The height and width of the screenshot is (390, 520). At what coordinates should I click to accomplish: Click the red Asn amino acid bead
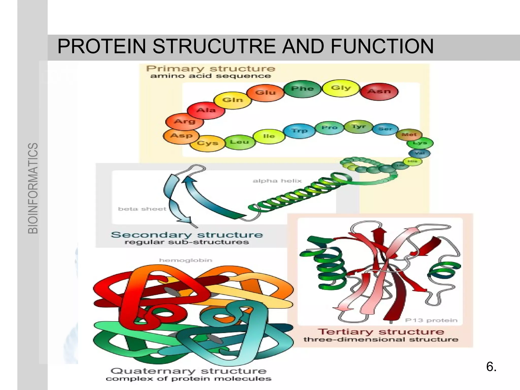pos(379,91)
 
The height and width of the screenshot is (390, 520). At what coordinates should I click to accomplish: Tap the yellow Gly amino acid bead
pos(341,88)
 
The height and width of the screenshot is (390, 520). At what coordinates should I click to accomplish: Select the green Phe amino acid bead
pos(302,89)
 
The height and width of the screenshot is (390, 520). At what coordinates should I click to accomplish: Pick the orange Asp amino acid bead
pos(181,136)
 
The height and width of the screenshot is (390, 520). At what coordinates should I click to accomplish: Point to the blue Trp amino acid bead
pos(299,131)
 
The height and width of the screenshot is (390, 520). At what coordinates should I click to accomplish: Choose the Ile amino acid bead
pos(269,136)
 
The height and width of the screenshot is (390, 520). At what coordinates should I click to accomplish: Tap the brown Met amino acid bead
pos(409,135)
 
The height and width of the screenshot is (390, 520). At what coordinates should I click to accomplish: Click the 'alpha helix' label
pos(277,181)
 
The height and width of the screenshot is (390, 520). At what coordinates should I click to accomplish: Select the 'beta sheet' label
pos(142,209)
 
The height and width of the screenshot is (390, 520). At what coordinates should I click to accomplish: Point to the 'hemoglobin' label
pos(186,260)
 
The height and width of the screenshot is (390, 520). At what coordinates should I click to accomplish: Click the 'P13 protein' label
pos(431,320)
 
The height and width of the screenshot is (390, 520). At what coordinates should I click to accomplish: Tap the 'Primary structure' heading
pos(210,69)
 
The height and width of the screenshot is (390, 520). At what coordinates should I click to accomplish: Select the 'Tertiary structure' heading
pos(381,332)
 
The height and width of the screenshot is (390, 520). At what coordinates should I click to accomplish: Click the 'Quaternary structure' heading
pos(189,371)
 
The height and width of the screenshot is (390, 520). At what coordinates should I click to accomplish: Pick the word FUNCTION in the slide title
pos(382,46)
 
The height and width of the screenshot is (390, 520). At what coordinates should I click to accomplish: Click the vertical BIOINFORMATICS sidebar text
pos(33,188)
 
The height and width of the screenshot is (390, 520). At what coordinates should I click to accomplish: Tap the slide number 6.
pos(491,367)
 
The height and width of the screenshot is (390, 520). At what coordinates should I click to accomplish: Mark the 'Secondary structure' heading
pos(187,235)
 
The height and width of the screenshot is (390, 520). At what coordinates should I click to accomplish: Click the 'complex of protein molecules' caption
pos(189,379)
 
